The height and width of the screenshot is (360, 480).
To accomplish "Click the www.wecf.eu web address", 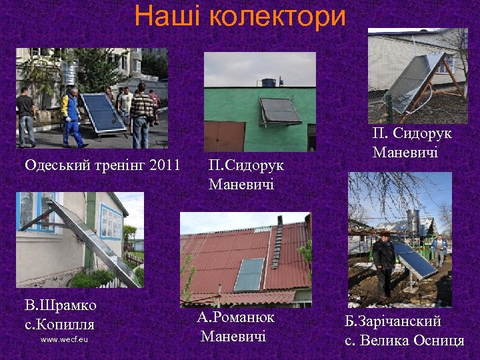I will [64, 339].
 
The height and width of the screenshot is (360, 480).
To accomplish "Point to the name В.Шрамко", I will [61, 305].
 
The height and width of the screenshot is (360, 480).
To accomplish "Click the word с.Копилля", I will [59, 325].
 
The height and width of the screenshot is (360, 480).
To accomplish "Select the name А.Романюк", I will [236, 318].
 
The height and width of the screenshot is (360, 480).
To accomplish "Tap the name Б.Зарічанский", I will [393, 321].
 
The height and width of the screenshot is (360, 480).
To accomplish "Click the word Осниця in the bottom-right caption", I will [436, 341].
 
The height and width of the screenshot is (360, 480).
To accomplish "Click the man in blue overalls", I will [71, 117].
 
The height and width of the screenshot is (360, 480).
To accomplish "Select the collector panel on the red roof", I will [249, 274].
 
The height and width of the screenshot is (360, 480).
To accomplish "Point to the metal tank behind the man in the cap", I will [412, 223].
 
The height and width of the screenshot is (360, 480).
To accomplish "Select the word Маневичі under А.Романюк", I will [233, 336].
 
